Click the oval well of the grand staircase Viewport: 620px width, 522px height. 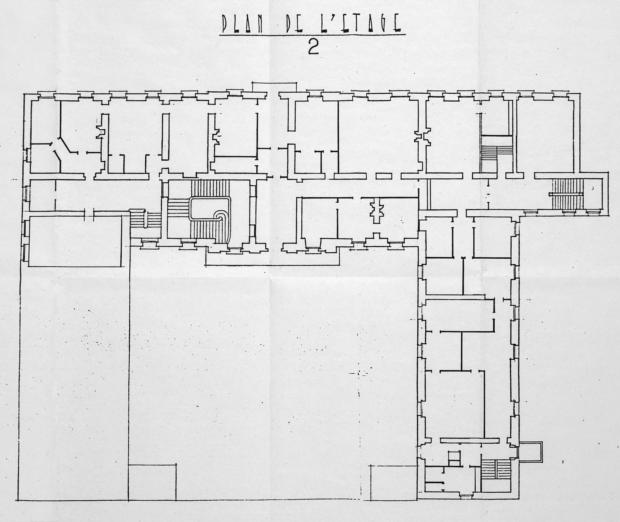pyautogui.click(x=210, y=209)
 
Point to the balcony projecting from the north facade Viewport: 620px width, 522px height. pyautogui.click(x=275, y=86)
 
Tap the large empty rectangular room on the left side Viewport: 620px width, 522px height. pyautogui.click(x=75, y=241)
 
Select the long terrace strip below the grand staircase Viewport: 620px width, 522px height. pyautogui.click(x=272, y=257)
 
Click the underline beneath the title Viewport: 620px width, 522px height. pyautogui.click(x=312, y=35)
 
